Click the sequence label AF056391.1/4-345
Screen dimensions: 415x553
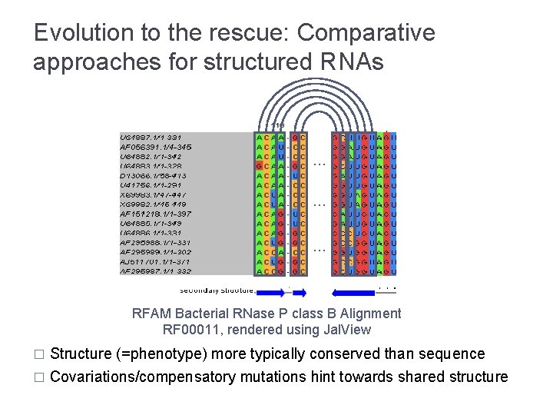(x=156, y=146)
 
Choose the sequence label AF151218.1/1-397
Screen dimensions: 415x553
(x=156, y=214)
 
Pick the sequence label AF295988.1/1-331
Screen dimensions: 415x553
(x=156, y=242)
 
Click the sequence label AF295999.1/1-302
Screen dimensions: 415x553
(x=156, y=252)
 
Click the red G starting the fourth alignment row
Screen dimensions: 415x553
(x=259, y=165)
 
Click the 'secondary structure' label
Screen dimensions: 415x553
(x=217, y=290)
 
